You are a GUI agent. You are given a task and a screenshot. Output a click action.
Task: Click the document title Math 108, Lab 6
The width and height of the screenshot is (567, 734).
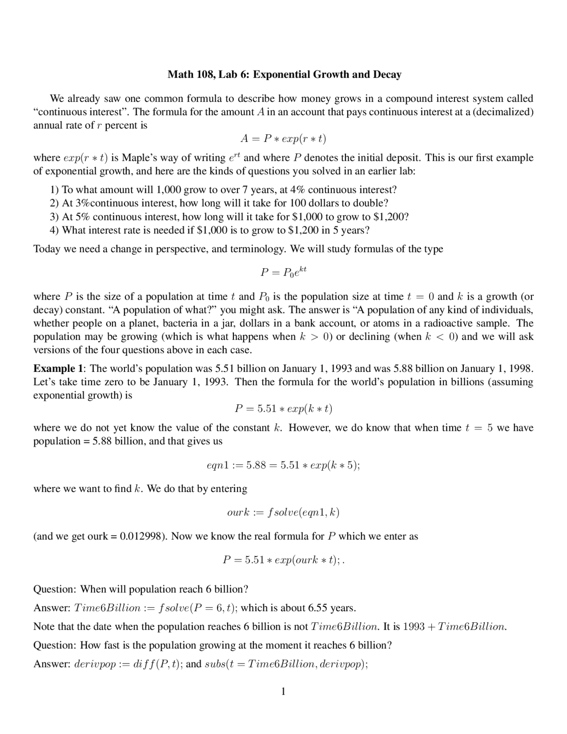pyautogui.click(x=284, y=74)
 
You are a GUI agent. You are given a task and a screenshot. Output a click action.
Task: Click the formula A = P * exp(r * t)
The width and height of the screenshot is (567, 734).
pyautogui.click(x=283, y=139)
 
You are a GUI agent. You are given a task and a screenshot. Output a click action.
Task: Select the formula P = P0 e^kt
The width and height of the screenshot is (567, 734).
pyautogui.click(x=283, y=272)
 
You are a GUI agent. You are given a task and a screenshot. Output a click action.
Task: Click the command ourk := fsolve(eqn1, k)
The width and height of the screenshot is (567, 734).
pyautogui.click(x=283, y=513)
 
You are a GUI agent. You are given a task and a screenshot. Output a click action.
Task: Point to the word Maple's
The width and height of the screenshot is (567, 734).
pyautogui.click(x=136, y=158)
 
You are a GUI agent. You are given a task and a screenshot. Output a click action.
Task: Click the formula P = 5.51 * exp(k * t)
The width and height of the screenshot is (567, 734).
pyautogui.click(x=283, y=409)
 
